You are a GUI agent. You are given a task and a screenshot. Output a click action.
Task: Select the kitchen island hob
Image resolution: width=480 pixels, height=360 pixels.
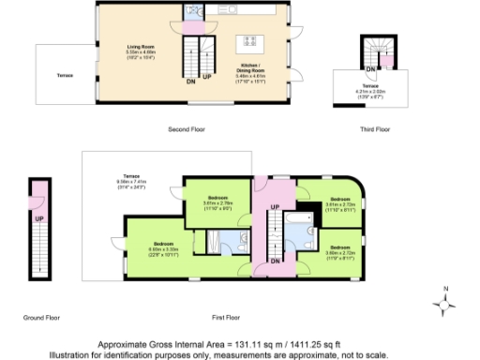point(250,40)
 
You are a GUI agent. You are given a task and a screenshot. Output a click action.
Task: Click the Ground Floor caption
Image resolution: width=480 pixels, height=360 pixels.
point(40,318)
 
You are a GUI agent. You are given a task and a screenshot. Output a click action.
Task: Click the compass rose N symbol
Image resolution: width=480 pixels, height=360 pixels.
point(446,289)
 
